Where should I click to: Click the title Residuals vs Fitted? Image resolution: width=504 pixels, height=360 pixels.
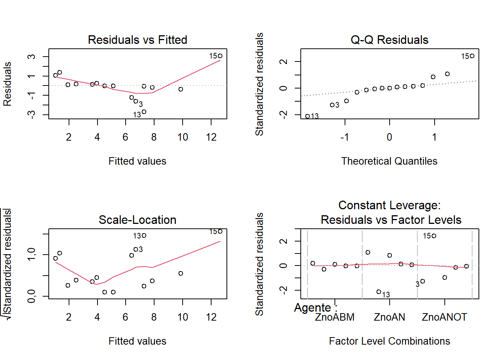(x=137, y=40)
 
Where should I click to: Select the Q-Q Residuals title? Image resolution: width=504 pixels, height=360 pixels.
(x=389, y=40)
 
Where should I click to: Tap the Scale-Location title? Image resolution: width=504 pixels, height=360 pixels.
(x=137, y=220)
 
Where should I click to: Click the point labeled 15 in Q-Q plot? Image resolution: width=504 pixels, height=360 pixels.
(x=472, y=56)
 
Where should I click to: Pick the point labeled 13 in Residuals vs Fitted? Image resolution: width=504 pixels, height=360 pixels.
(x=144, y=112)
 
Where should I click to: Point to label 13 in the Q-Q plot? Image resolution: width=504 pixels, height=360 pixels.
(x=315, y=116)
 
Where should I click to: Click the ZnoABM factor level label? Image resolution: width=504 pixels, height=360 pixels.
(x=334, y=317)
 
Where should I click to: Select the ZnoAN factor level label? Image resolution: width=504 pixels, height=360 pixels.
(x=389, y=317)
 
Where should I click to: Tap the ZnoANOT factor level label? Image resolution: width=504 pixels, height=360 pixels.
(x=444, y=317)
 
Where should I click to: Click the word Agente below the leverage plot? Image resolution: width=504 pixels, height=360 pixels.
(x=312, y=308)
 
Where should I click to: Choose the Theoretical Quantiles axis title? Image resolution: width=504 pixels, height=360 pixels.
(x=389, y=161)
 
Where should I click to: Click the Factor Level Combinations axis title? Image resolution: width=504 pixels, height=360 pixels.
(x=389, y=341)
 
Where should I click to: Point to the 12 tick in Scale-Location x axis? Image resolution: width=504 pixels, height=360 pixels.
(x=211, y=317)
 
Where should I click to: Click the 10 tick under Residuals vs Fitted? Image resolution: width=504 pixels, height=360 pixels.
(x=183, y=137)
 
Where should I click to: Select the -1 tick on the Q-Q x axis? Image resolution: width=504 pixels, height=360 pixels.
(x=345, y=137)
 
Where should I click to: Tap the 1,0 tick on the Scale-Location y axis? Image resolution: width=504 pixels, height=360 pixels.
(x=31, y=254)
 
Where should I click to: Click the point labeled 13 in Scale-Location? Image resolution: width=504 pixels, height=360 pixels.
(x=144, y=235)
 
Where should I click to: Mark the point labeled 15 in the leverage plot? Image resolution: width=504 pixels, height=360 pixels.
(x=434, y=236)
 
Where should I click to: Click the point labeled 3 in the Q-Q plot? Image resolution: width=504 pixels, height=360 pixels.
(x=332, y=105)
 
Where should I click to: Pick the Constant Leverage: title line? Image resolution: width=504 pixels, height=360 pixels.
(x=389, y=205)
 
